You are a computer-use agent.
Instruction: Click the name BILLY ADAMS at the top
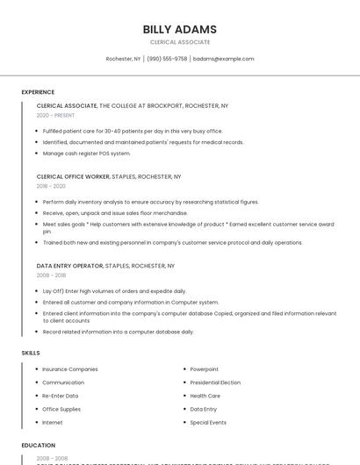(180, 29)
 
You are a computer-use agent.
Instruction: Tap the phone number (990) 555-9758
(167, 59)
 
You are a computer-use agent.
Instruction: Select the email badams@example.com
(223, 59)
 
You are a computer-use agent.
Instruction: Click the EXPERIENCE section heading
(38, 92)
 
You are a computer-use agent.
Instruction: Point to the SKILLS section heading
(31, 353)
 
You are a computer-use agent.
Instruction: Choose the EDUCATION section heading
(39, 446)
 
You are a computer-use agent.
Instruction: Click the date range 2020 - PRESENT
(55, 115)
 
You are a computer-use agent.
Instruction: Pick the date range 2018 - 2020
(51, 186)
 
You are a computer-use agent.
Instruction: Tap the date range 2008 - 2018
(51, 275)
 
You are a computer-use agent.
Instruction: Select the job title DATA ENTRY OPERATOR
(69, 265)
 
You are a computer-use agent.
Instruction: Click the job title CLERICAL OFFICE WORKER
(73, 176)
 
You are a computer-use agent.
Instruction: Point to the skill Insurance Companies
(70, 369)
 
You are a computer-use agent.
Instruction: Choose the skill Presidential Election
(215, 383)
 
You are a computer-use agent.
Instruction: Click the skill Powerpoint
(205, 369)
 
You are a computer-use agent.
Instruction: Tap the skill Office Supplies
(61, 409)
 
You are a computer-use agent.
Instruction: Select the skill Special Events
(208, 422)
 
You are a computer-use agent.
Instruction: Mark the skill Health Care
(205, 396)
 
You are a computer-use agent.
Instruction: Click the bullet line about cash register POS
(87, 154)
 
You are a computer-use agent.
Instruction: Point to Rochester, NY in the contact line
(123, 59)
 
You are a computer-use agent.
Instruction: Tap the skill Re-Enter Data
(61, 396)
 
